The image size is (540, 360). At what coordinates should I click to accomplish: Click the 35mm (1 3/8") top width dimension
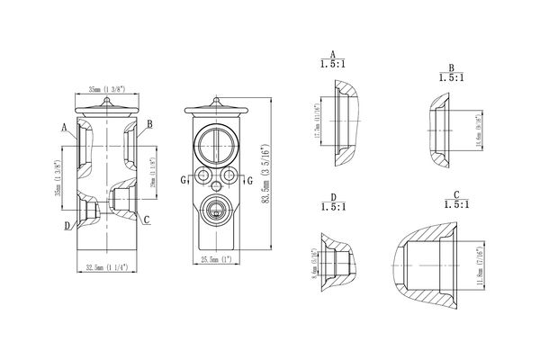pos(107,89)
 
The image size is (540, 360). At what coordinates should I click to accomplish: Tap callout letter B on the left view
pos(149,124)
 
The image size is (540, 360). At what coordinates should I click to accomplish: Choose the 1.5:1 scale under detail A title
pos(334,65)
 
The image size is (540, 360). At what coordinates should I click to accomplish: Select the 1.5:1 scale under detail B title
pos(451,78)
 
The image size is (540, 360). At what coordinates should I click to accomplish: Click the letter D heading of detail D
pos(333,195)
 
